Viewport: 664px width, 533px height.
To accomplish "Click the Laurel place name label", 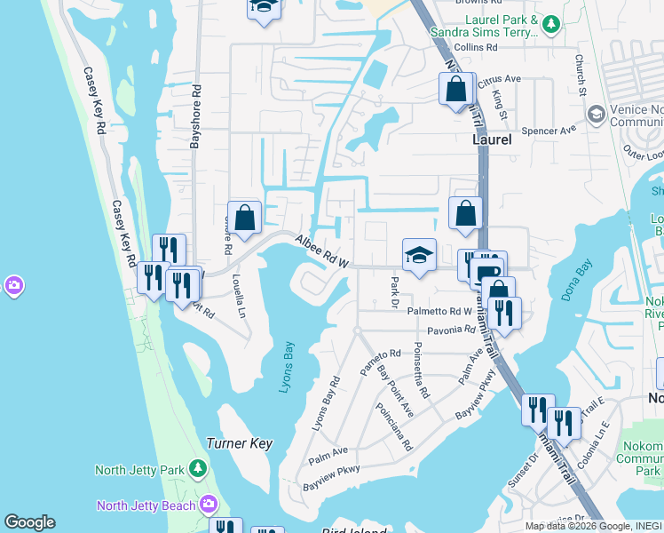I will click(x=491, y=140).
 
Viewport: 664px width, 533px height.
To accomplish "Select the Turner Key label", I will click(x=239, y=442).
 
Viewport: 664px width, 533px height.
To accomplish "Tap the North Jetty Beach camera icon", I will click(x=209, y=505).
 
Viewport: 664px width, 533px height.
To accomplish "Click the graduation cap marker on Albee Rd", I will click(x=419, y=255).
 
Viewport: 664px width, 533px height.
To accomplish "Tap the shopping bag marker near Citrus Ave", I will click(x=456, y=90).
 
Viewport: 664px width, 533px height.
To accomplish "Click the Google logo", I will click(x=29, y=522).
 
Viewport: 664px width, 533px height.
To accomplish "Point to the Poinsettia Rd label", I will click(x=421, y=370).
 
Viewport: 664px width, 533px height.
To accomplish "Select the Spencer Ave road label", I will click(x=549, y=129).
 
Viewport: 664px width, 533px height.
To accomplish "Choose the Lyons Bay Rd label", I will click(x=325, y=404).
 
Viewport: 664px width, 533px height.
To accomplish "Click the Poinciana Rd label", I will click(x=394, y=427).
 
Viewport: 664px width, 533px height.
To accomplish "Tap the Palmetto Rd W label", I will click(x=439, y=311).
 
